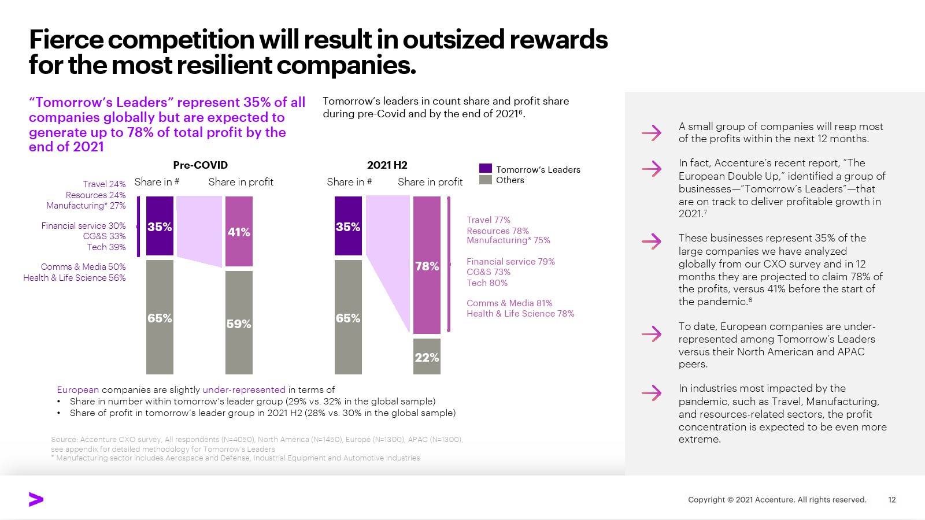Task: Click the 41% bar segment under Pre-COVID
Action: pyautogui.click(x=239, y=231)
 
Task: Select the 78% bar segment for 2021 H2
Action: pyautogui.click(x=427, y=265)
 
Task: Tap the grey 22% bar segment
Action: pyautogui.click(x=427, y=356)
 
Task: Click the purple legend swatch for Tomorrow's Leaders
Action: pyautogui.click(x=486, y=169)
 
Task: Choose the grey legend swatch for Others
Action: pyautogui.click(x=486, y=180)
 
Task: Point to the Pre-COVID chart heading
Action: pyautogui.click(x=200, y=165)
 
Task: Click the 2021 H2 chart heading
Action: pyautogui.click(x=387, y=165)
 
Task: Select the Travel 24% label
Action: pyautogui.click(x=104, y=184)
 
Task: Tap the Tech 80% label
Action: pyautogui.click(x=487, y=283)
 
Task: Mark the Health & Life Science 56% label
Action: pyautogui.click(x=74, y=278)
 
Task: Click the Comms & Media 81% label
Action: pyautogui.click(x=509, y=303)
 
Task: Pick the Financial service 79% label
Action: pyautogui.click(x=510, y=262)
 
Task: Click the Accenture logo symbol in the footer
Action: pyautogui.click(x=36, y=500)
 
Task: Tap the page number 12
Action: pyautogui.click(x=891, y=500)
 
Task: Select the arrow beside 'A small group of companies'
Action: pyautogui.click(x=652, y=133)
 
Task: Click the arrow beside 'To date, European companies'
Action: pyautogui.click(x=652, y=334)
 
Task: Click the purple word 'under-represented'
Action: pyautogui.click(x=244, y=390)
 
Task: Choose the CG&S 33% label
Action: pyautogui.click(x=104, y=236)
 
